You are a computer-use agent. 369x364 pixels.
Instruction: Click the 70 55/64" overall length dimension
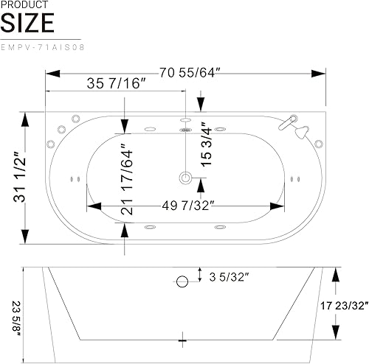point(190,73)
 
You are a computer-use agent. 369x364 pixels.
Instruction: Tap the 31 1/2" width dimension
point(20,177)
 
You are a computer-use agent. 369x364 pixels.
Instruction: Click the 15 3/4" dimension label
point(206,144)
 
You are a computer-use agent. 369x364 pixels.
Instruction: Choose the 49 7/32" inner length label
point(189,206)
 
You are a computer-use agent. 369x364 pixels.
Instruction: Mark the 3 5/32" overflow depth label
point(230,278)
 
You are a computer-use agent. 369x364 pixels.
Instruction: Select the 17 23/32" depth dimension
point(345,306)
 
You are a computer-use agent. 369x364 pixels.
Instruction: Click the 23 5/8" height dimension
point(17,319)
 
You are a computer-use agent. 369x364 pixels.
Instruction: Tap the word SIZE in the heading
point(27,23)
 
